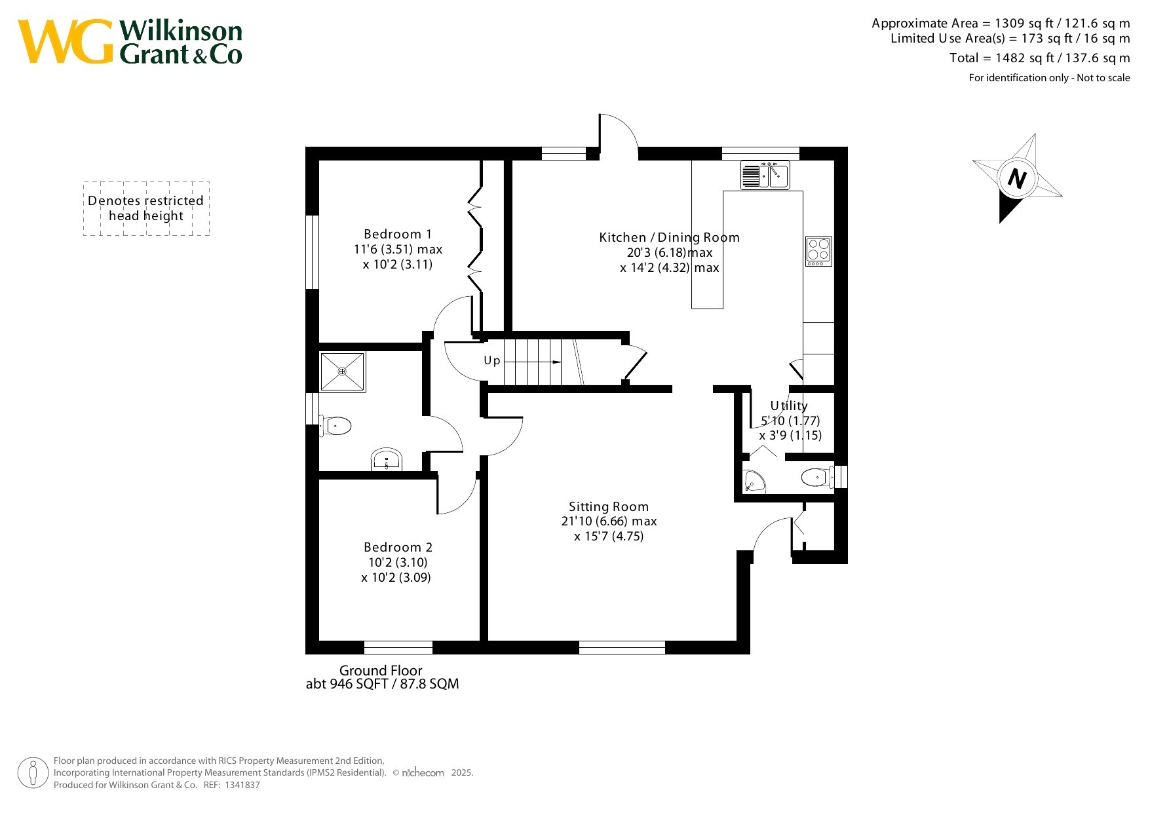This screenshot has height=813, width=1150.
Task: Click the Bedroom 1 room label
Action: (398, 235)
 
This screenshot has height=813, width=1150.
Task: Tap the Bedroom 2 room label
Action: (398, 548)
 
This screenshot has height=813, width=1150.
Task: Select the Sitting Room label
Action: (609, 506)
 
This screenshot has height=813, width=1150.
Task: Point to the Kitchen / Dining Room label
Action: (669, 238)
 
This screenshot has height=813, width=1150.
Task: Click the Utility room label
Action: (789, 406)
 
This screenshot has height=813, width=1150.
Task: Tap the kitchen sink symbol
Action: (765, 175)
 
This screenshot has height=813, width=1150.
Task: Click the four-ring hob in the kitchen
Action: (818, 252)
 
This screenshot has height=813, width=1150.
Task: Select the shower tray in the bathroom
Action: (342, 371)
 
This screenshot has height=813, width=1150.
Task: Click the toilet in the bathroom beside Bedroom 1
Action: (335, 426)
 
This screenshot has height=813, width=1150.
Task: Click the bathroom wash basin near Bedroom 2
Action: (387, 459)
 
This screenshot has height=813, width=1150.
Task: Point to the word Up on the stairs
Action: (492, 361)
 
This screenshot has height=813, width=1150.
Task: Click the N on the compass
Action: (1016, 178)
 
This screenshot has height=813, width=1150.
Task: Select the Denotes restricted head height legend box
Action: (146, 208)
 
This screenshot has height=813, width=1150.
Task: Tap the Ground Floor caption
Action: (381, 671)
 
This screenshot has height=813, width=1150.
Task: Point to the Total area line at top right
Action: (1040, 58)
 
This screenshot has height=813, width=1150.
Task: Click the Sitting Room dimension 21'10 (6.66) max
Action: (609, 521)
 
